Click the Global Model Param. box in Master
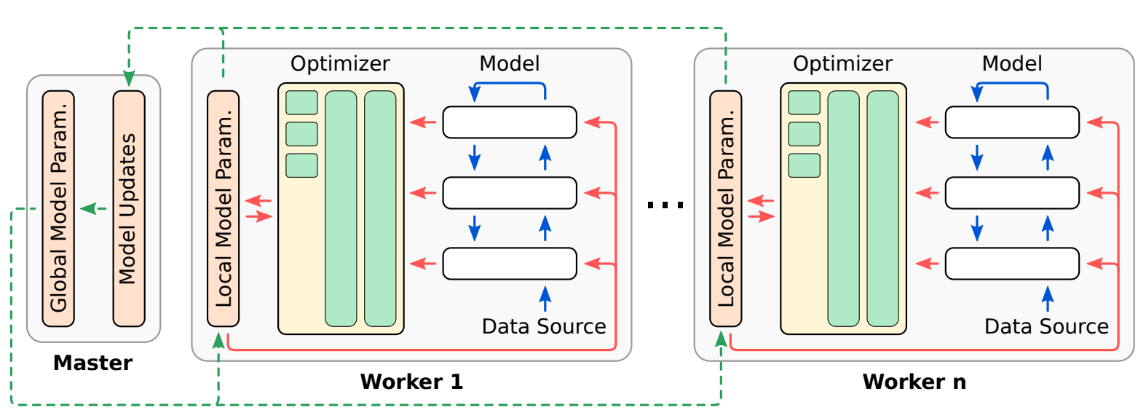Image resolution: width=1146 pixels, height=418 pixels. [58, 209]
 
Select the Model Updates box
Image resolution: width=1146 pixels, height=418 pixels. [129, 209]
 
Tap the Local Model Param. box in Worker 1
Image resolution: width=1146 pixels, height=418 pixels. [223, 209]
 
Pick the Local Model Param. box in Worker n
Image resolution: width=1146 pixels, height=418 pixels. [725, 209]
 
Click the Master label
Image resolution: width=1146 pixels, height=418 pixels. [92, 363]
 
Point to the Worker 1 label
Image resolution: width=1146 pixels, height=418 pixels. [411, 382]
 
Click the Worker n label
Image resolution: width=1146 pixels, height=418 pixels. [914, 382]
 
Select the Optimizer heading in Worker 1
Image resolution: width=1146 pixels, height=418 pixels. [340, 64]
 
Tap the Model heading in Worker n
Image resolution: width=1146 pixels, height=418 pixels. [1011, 64]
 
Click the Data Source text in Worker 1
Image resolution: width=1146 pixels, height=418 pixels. [544, 326]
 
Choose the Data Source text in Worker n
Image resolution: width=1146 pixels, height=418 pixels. [1046, 326]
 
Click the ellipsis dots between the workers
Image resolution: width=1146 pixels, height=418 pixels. [665, 205]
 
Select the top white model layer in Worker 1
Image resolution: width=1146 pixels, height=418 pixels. [510, 122]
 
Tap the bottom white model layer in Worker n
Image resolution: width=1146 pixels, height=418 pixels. [1012, 264]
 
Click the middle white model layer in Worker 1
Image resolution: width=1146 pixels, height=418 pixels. [510, 193]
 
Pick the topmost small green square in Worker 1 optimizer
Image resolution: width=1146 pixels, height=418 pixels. [301, 103]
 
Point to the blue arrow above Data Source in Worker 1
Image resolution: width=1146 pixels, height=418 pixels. [545, 298]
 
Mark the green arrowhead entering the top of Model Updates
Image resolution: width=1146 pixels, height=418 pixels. [129, 79]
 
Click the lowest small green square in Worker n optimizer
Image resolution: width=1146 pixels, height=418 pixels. [804, 165]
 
